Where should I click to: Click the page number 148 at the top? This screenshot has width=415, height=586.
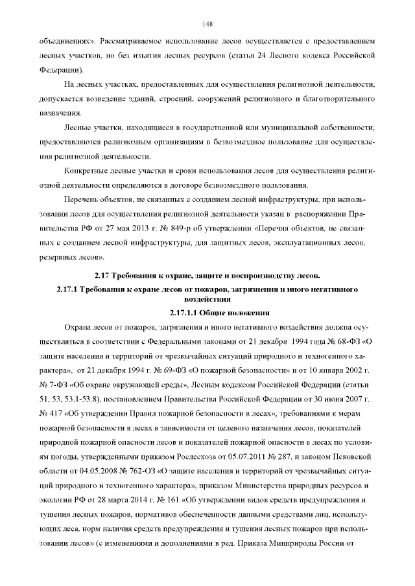click(207, 24)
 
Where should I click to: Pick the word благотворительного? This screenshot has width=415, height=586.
click(338, 98)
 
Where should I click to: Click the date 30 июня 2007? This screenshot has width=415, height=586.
click(344, 398)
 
